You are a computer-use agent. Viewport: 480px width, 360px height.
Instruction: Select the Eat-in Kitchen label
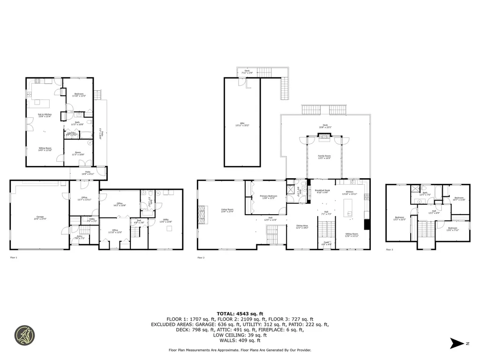coord(45,115)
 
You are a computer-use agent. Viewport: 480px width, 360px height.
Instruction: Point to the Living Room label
coord(227,210)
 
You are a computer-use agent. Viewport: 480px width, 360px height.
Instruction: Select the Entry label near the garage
coord(79,237)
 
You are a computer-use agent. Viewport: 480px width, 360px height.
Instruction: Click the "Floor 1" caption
coord(13,257)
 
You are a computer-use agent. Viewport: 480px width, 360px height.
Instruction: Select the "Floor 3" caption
coord(389,250)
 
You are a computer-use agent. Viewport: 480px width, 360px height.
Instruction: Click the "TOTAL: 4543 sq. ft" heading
coord(240,314)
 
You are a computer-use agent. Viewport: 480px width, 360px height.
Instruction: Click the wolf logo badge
coord(24,335)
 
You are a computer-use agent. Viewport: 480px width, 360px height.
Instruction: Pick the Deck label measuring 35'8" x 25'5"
coord(325,126)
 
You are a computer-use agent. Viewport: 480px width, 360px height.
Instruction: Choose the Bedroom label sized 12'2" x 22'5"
coord(399,218)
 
